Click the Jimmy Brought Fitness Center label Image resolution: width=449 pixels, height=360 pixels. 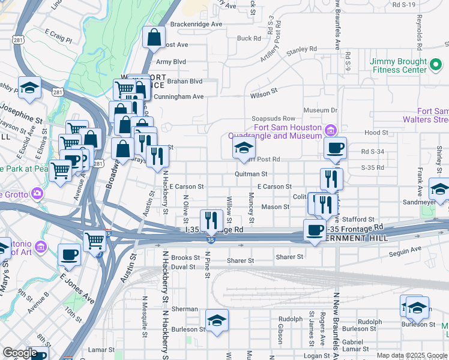click(x=398, y=65)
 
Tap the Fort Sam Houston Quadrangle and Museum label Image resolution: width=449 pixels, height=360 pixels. click(x=288, y=131)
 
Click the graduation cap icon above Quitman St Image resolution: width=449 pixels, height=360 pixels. click(x=244, y=147)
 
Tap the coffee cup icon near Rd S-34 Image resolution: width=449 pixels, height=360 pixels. click(x=336, y=147)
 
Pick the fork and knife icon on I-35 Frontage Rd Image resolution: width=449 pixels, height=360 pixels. click(x=210, y=220)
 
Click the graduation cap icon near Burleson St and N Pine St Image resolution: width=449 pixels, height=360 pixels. click(x=217, y=320)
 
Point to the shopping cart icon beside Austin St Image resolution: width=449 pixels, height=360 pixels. click(x=95, y=241)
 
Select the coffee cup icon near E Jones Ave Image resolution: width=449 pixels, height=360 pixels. click(x=70, y=254)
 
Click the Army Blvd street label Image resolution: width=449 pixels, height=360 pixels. click(x=171, y=62)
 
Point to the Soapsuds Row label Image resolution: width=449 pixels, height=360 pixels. click(x=274, y=119)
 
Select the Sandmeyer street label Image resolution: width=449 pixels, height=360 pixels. click(x=418, y=203)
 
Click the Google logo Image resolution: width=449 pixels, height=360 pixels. click(x=20, y=353)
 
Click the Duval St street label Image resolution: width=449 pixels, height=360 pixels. click(x=183, y=267)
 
